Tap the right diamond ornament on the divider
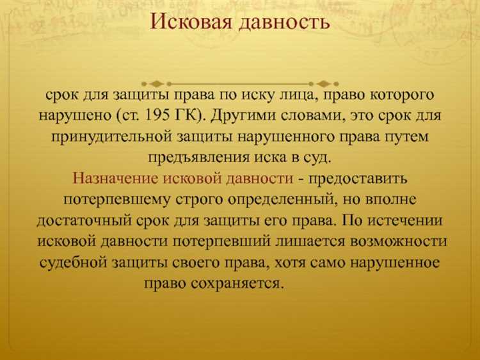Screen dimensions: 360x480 [x=324, y=83]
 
